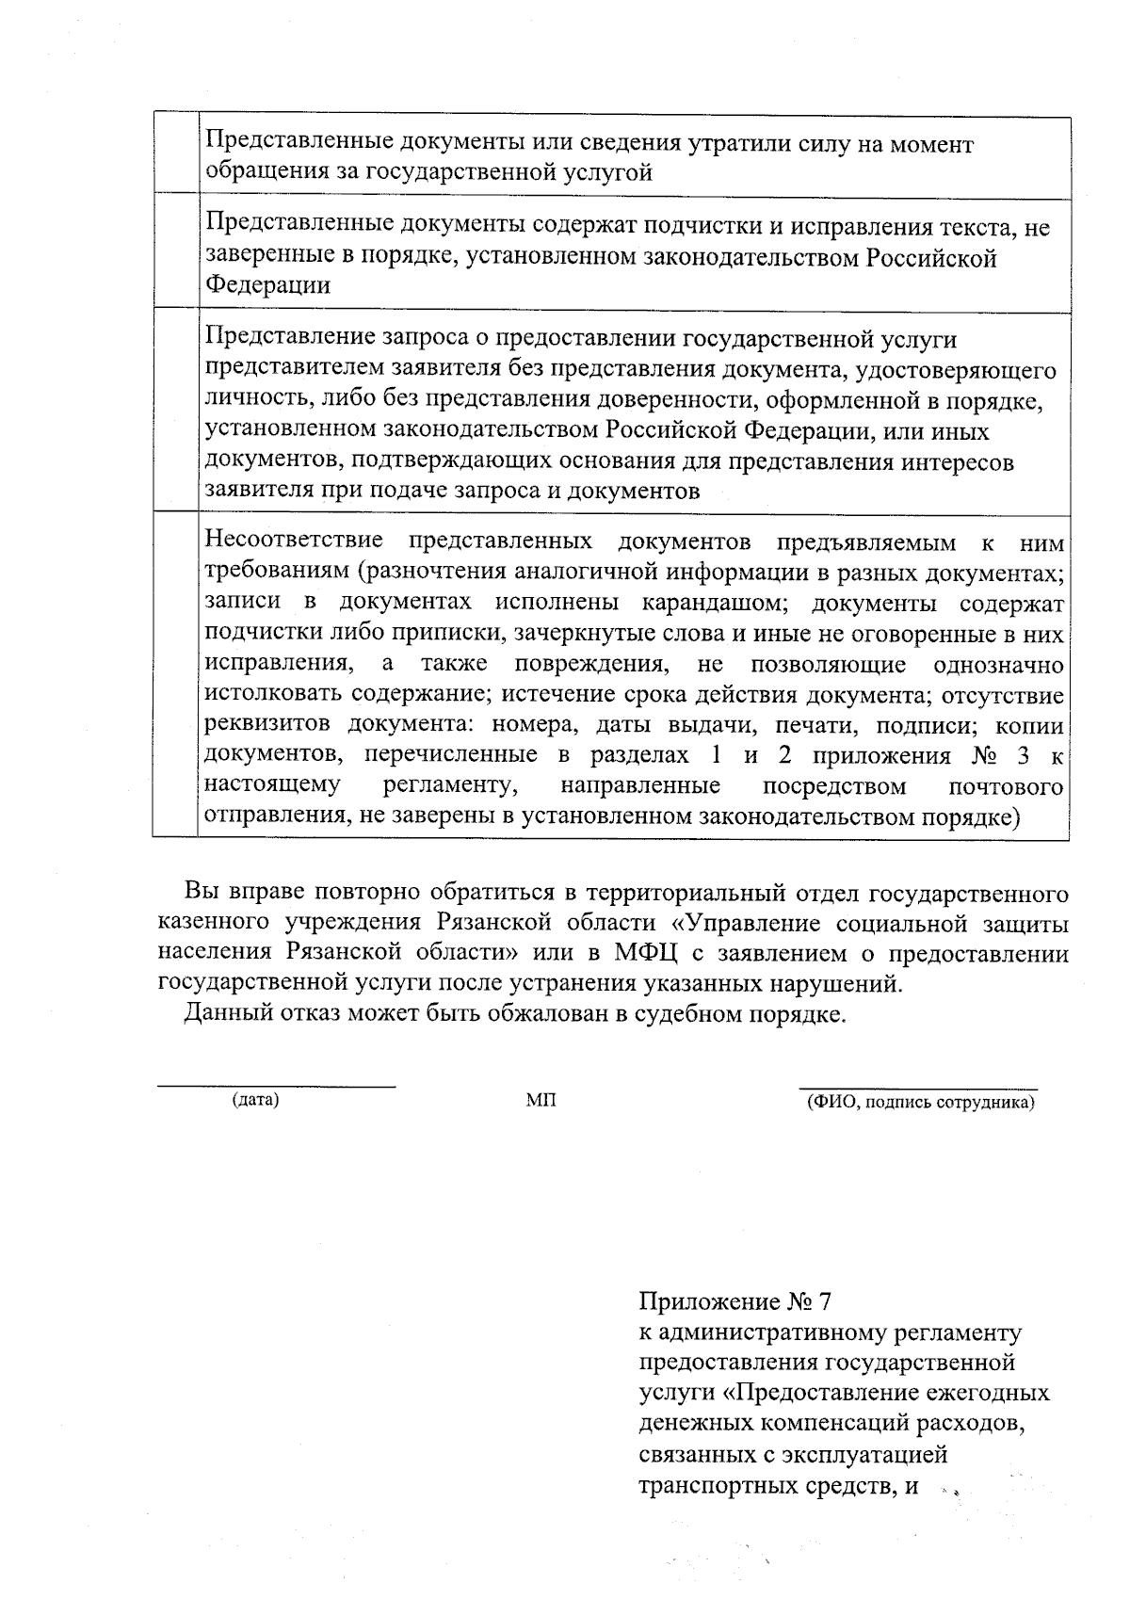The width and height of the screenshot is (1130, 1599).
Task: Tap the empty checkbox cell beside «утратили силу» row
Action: [x=175, y=156]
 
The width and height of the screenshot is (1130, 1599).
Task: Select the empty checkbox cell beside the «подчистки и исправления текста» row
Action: [x=175, y=252]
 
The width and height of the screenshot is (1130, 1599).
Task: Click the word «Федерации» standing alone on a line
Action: [x=268, y=286]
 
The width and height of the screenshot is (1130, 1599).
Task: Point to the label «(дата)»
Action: [x=255, y=1099]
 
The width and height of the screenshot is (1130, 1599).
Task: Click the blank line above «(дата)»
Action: [x=275, y=1087]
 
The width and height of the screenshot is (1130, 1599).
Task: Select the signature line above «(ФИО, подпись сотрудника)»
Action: [x=918, y=1088]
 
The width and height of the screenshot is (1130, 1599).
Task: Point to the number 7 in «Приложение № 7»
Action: [x=826, y=1302]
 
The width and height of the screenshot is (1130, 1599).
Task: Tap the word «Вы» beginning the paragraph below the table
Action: [x=200, y=892]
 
